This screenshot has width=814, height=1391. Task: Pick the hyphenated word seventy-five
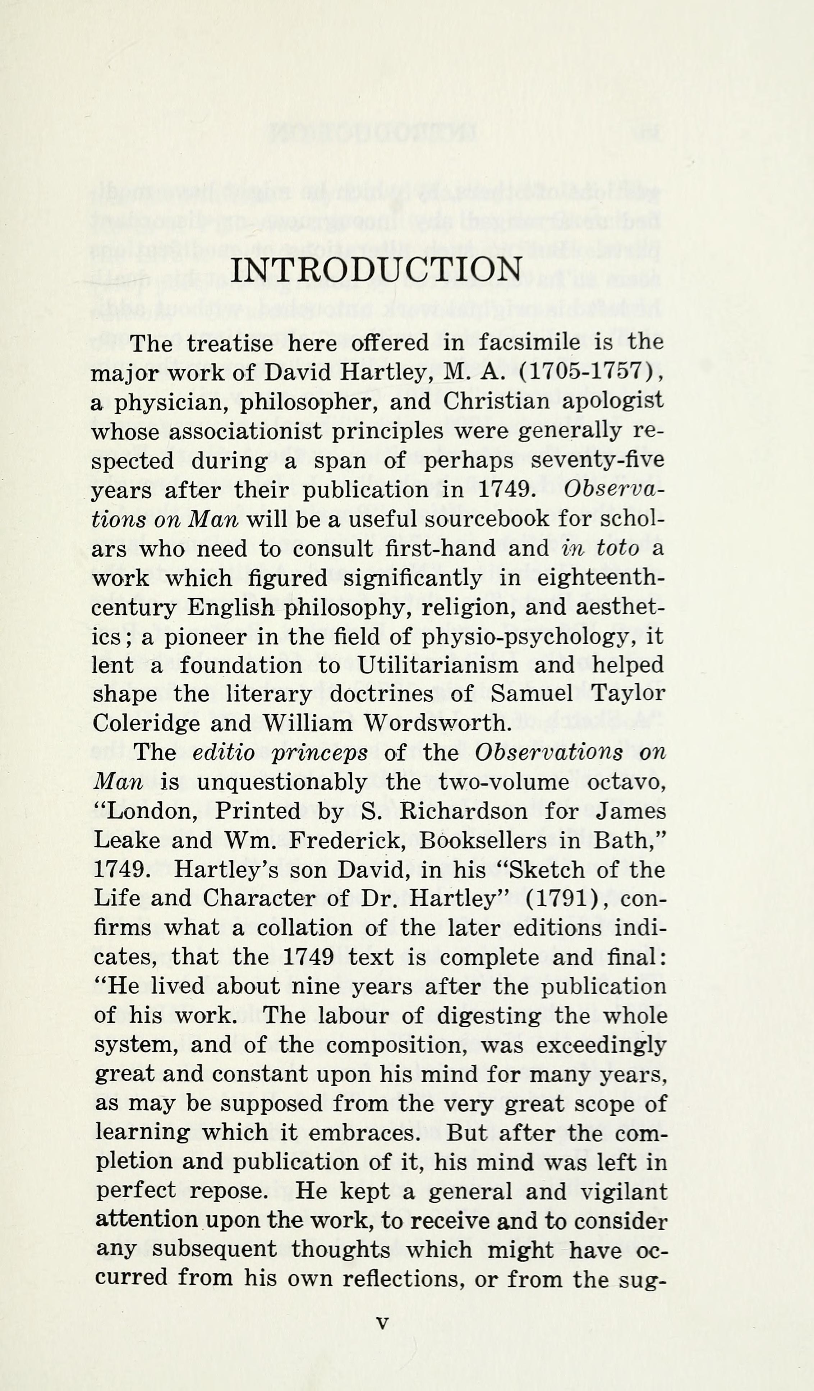coord(597,461)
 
